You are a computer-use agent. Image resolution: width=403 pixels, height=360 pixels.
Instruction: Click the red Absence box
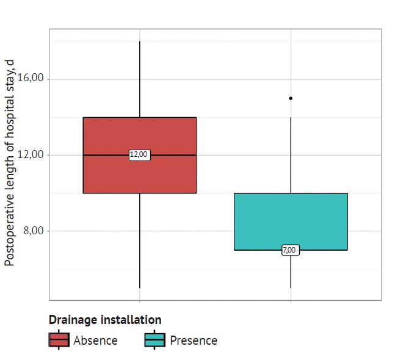(x=139, y=177)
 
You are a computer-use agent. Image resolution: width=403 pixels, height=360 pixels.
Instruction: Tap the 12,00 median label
(x=139, y=155)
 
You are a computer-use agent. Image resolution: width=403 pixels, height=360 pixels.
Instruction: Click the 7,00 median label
(x=290, y=250)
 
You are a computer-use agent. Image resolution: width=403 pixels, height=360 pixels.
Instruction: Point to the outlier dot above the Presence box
(x=291, y=98)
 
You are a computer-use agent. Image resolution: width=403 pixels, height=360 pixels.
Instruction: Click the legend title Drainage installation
(x=105, y=320)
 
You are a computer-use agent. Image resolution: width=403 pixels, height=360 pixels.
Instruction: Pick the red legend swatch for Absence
(x=59, y=340)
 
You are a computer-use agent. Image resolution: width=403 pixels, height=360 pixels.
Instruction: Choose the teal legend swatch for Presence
(x=155, y=340)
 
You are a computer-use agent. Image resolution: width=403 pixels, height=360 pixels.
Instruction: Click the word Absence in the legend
(x=95, y=340)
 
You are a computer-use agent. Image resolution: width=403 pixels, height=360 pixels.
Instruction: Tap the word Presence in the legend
(x=194, y=340)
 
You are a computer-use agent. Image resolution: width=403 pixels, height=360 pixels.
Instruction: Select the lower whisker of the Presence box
(x=291, y=269)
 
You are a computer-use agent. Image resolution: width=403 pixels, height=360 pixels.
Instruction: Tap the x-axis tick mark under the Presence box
(x=291, y=302)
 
